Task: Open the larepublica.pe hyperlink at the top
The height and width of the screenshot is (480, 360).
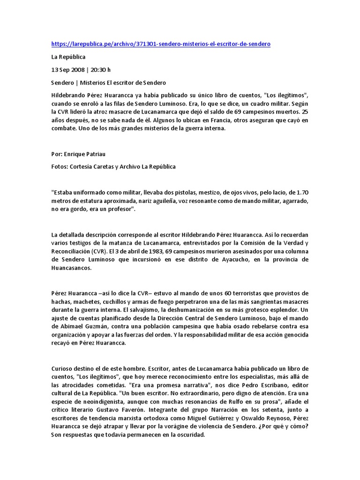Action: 161,44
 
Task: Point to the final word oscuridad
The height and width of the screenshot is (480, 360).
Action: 189,435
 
